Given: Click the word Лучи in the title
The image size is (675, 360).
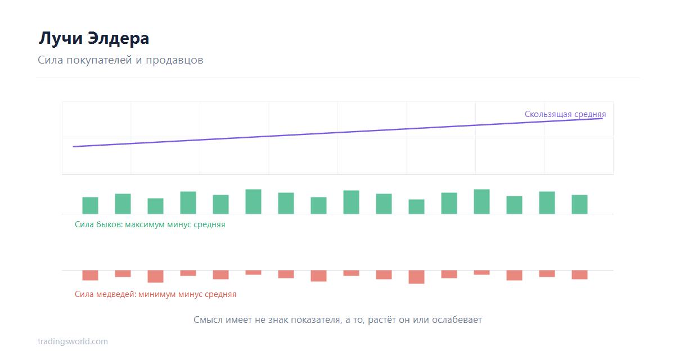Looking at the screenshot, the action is click(x=61, y=38).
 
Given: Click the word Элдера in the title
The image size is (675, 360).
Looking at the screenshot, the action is click(x=119, y=38).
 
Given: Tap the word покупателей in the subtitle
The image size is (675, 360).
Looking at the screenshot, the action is click(x=100, y=60).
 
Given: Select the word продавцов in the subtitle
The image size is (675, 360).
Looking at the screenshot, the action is click(x=174, y=60).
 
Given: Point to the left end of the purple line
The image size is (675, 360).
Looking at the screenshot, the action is click(x=74, y=147).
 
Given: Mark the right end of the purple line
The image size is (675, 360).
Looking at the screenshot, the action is click(x=602, y=119).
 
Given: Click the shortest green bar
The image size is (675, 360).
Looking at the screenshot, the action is click(x=416, y=206).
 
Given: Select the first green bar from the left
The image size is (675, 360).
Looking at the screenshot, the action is click(x=90, y=205).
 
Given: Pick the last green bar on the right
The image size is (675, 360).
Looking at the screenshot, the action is click(x=579, y=205).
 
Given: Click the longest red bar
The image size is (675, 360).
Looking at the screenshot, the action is click(x=416, y=277).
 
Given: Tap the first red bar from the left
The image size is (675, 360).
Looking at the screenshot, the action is click(x=90, y=276).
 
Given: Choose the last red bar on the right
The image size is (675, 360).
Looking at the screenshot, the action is click(x=579, y=274).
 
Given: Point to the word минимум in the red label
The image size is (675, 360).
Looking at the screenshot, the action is click(x=157, y=294).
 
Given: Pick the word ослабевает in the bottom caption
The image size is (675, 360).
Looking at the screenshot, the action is click(x=457, y=319).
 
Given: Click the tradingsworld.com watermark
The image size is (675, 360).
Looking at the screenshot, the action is click(x=73, y=341).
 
